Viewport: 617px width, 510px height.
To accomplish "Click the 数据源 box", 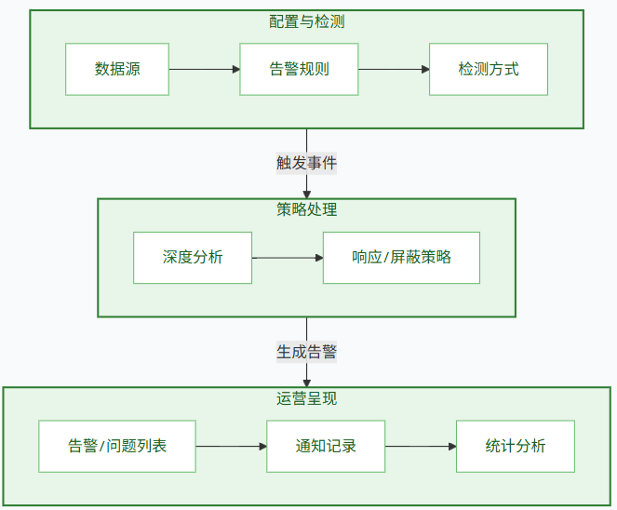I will click(117, 69).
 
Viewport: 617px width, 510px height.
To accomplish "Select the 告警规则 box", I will click(299, 69).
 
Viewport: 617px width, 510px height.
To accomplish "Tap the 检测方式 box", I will click(489, 69).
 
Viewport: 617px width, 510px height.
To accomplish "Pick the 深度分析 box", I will click(193, 258).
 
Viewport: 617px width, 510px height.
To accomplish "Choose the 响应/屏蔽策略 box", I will click(401, 258).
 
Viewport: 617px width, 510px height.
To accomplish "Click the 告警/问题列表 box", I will click(117, 446).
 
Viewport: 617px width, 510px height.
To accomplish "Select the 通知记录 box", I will click(326, 446).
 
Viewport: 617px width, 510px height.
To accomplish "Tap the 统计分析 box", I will click(516, 446).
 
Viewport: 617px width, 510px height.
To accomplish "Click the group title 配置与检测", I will click(307, 21).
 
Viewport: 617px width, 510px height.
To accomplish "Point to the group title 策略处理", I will click(307, 209).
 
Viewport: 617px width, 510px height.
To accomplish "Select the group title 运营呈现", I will click(307, 398).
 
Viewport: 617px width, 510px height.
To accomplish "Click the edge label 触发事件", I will click(307, 163).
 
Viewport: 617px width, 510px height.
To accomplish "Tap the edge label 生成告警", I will click(307, 352).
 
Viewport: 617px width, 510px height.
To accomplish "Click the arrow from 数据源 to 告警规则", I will click(204, 69).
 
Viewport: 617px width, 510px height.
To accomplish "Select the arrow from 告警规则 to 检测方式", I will click(394, 69).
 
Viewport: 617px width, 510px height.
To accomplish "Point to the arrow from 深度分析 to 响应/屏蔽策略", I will click(288, 258).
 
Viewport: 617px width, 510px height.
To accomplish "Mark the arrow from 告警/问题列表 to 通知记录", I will click(231, 446).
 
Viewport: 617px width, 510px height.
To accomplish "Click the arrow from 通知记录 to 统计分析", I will click(421, 446).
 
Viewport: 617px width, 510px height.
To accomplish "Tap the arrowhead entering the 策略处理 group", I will click(307, 194).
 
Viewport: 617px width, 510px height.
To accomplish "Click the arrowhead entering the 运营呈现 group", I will click(307, 382).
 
